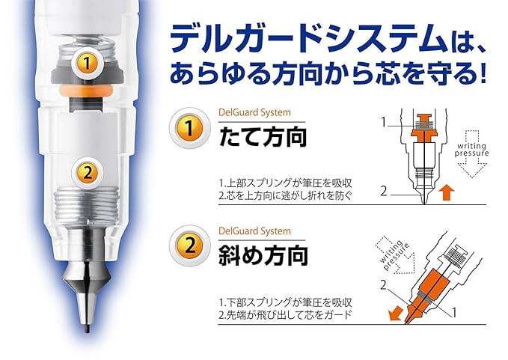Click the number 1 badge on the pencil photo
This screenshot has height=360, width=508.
click(87, 63)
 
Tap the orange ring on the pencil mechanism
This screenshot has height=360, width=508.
click(86, 91)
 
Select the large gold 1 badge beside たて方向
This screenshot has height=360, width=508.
click(189, 128)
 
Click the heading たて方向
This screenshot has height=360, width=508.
click(263, 137)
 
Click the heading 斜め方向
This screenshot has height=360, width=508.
click(263, 255)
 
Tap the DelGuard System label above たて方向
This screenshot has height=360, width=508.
click(254, 113)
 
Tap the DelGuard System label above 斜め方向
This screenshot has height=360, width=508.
click(254, 231)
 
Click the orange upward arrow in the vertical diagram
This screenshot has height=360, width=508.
click(447, 192)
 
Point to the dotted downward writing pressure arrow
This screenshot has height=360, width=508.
click(471, 154)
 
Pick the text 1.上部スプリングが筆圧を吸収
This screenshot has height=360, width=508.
click(286, 183)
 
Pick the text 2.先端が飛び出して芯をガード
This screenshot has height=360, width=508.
click(286, 314)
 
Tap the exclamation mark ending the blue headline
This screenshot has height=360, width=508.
click(483, 73)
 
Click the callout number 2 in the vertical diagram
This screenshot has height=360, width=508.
click(384, 191)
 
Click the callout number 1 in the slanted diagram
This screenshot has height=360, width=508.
click(454, 313)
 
